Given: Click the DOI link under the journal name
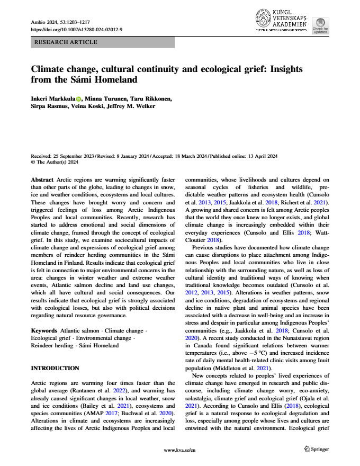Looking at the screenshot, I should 77,30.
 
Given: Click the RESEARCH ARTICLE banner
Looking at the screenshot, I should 65,42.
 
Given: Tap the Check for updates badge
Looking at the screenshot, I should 320,25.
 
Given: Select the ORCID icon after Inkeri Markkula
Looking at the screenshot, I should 79,98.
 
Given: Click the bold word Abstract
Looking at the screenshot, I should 42,180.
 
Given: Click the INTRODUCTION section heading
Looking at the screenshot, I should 55,368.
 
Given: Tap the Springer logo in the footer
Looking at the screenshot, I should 316,449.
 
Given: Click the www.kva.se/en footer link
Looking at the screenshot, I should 179,450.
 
